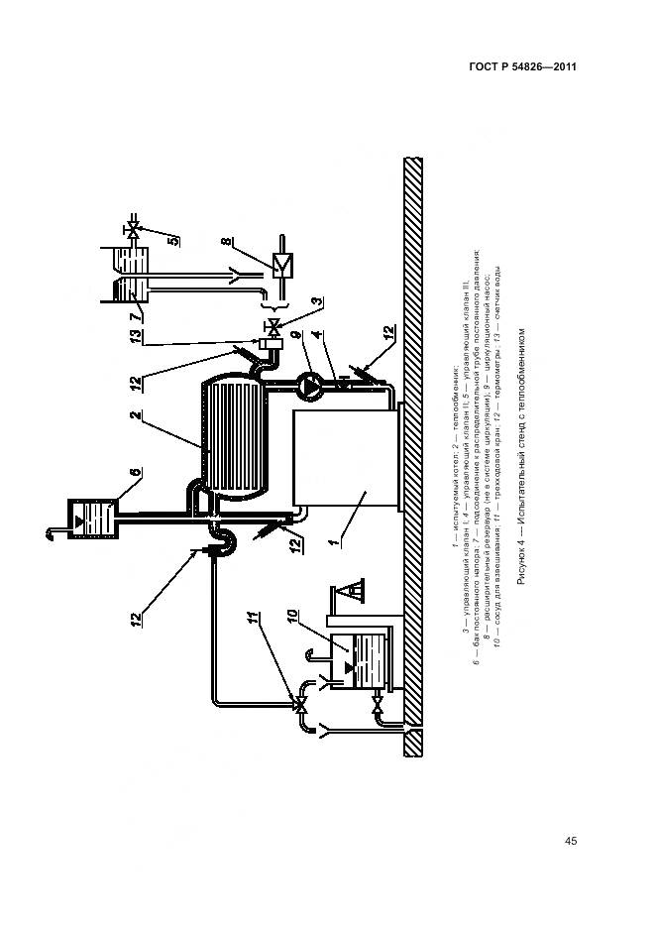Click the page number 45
(x=571, y=842)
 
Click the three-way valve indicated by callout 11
(x=298, y=704)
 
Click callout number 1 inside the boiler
(x=338, y=541)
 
